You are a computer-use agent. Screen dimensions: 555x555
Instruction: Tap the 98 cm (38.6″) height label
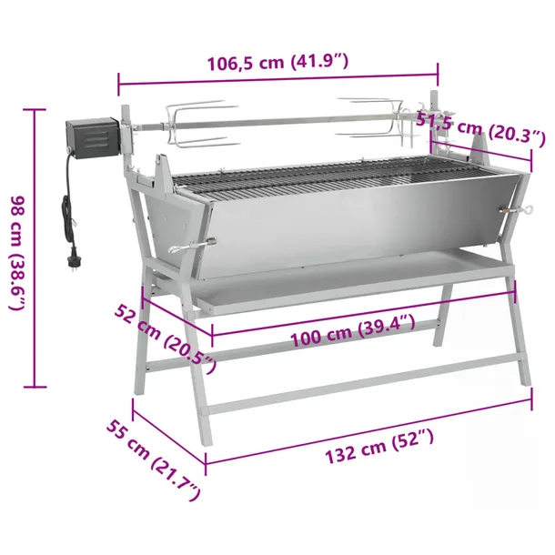(17, 253)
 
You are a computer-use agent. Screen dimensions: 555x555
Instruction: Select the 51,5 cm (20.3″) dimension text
(480, 128)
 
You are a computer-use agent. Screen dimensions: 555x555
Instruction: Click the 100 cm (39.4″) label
(352, 330)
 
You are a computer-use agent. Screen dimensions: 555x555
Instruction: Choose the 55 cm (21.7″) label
(154, 459)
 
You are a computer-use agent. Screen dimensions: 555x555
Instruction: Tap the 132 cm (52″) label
(379, 446)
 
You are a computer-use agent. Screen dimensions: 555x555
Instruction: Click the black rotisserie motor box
(93, 138)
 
